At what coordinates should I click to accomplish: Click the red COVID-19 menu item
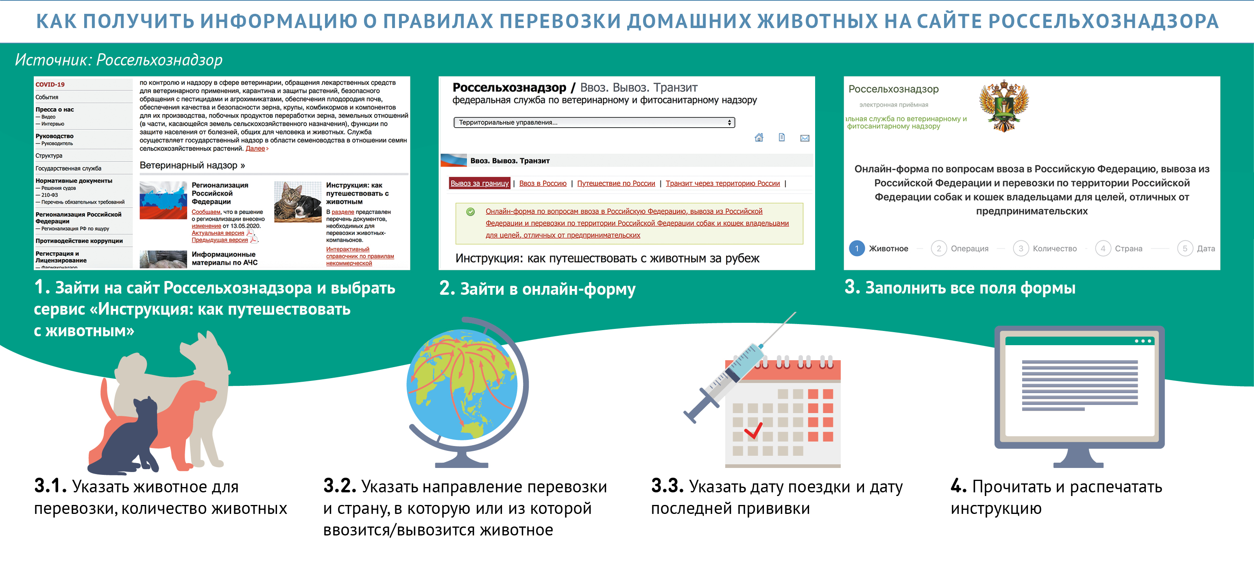tap(50, 84)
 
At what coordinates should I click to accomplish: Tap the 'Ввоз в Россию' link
tap(542, 183)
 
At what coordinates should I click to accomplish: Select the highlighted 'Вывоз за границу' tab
tap(479, 183)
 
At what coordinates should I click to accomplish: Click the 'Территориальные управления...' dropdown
tap(594, 122)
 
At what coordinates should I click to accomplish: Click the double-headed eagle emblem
tap(1003, 106)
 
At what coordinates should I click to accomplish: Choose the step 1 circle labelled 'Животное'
tap(857, 248)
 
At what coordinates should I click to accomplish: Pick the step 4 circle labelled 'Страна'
tap(1103, 248)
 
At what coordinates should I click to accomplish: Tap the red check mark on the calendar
tap(754, 430)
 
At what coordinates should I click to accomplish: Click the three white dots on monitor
tap(1143, 341)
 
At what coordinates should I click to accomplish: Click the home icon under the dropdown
tap(759, 138)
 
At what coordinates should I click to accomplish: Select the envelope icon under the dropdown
tap(805, 138)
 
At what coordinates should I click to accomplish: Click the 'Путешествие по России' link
tap(616, 183)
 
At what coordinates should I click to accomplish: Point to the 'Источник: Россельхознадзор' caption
tap(118, 60)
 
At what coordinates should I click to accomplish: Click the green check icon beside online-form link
tap(470, 212)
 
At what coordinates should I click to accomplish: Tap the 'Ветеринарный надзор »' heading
tap(192, 165)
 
